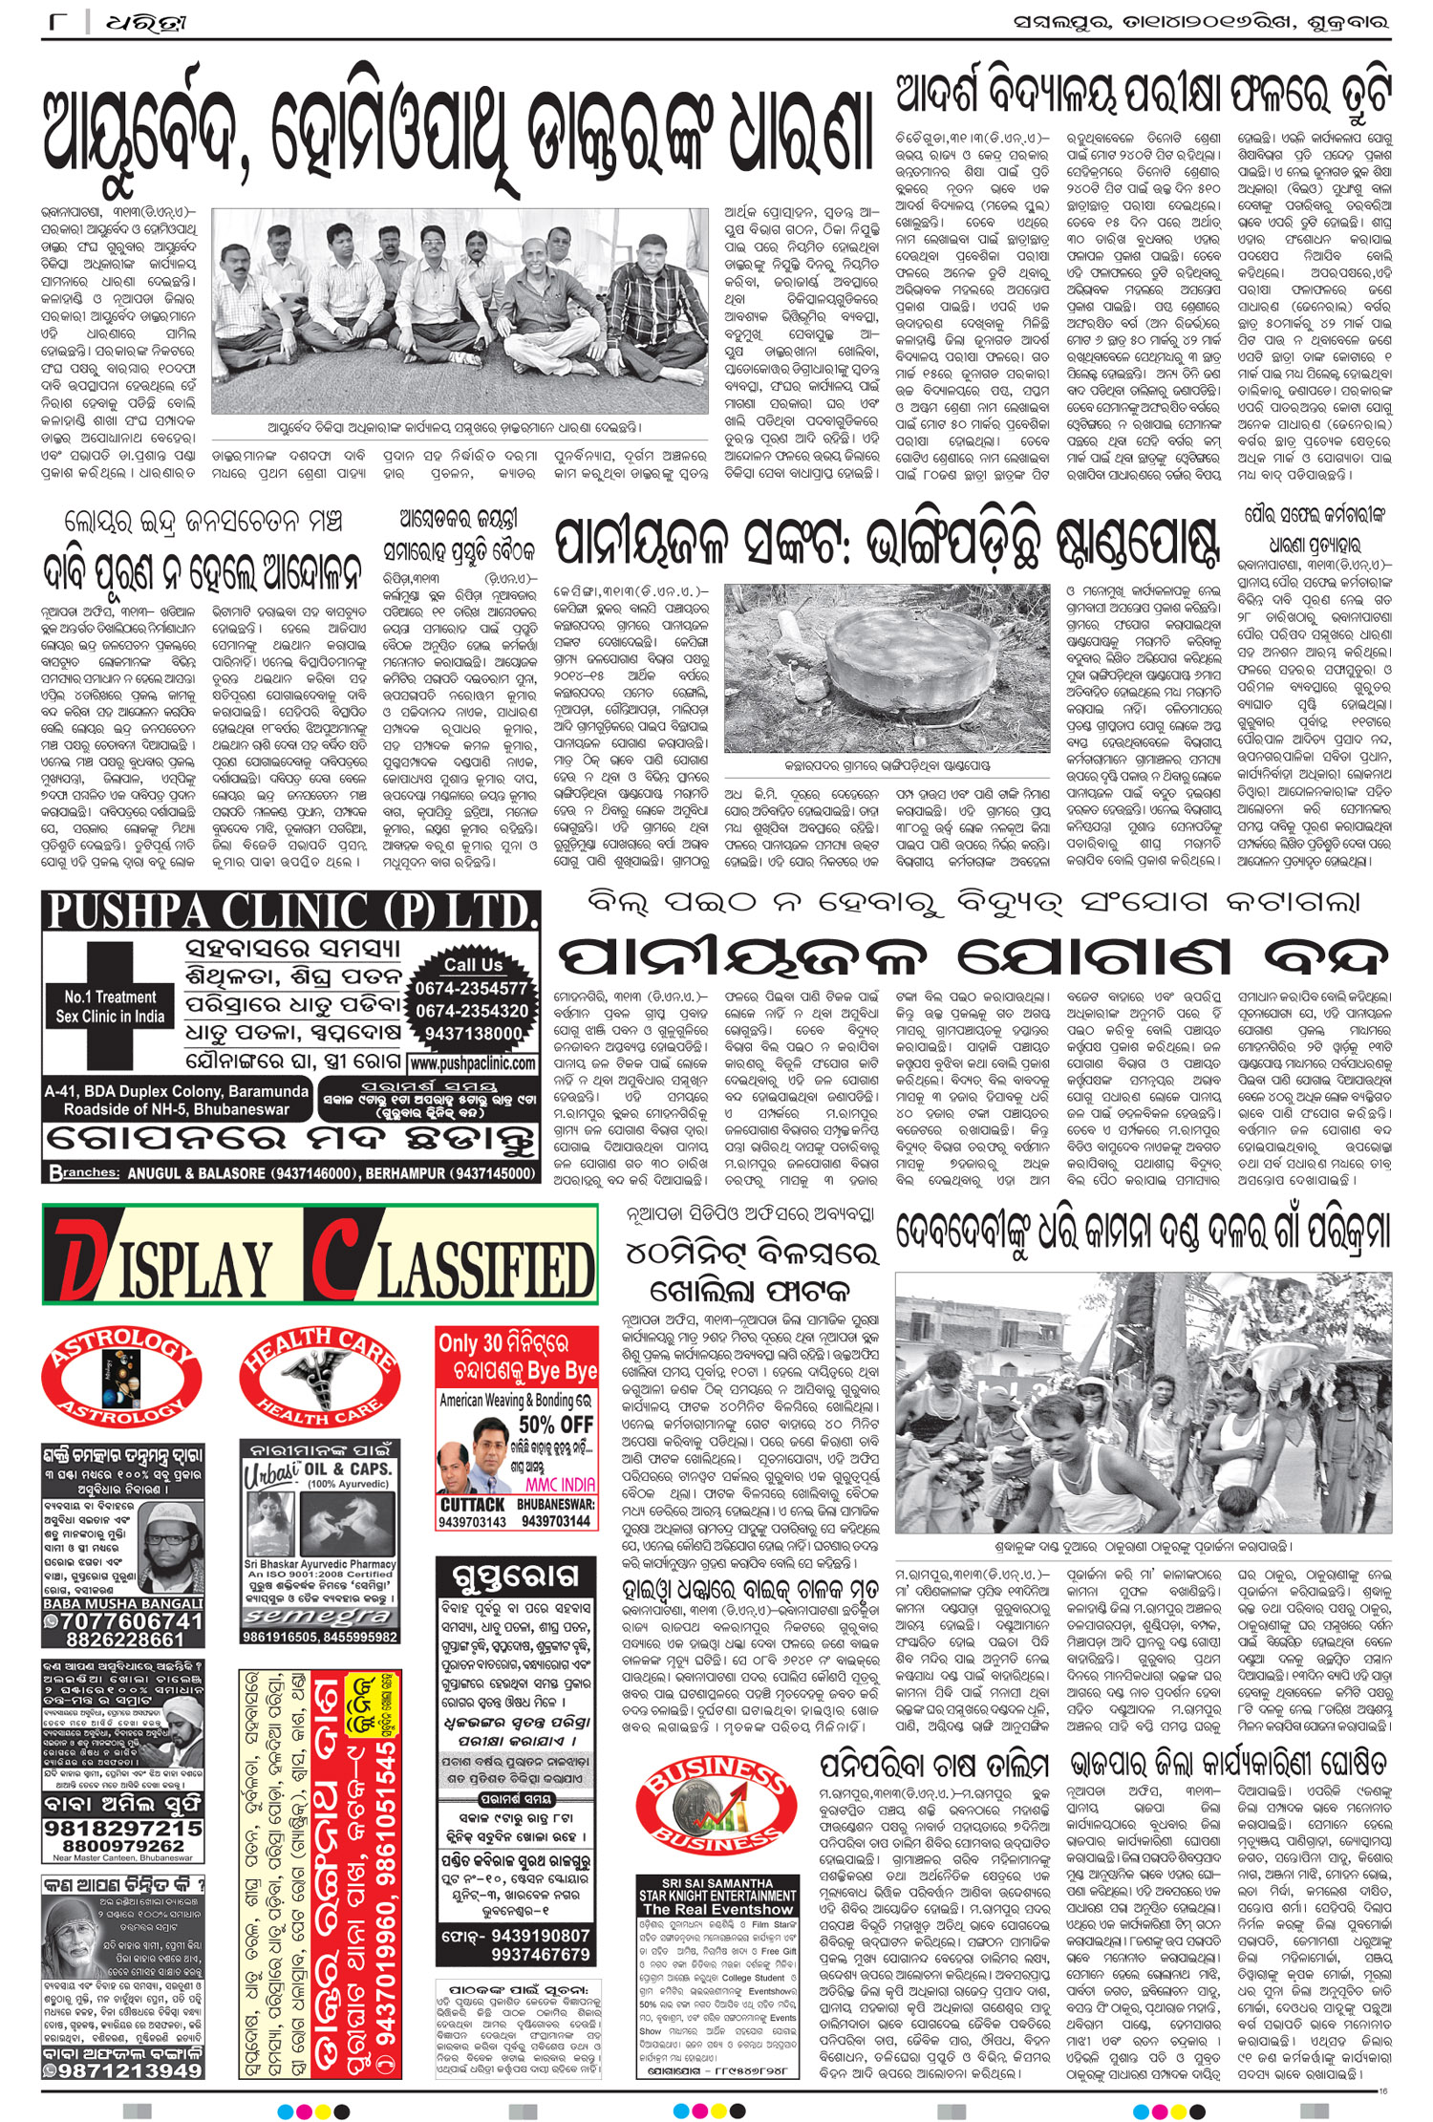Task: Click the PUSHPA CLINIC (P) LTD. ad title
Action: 291,911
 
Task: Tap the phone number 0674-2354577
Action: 471,988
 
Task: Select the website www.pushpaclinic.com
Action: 472,1062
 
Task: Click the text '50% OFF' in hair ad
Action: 556,1425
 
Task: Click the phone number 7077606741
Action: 130,1621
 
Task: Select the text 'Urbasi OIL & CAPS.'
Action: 318,1468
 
